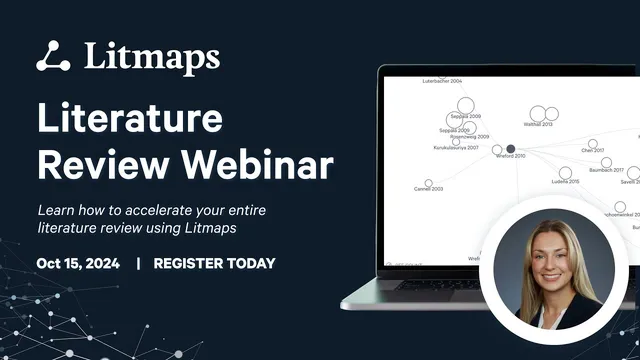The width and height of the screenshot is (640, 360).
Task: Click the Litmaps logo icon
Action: (x=53, y=55)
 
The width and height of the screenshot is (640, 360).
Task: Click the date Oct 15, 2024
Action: (x=78, y=264)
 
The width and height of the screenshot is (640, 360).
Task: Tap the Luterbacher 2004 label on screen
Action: (x=442, y=81)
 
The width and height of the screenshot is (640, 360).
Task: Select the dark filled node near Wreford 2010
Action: (x=510, y=149)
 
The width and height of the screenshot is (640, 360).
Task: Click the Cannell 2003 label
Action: (x=428, y=188)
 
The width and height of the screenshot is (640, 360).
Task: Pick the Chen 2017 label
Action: (x=593, y=151)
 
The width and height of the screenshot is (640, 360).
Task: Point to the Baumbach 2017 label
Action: (x=605, y=170)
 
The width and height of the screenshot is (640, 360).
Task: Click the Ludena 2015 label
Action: (x=565, y=181)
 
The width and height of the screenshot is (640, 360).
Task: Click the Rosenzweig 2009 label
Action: (x=469, y=137)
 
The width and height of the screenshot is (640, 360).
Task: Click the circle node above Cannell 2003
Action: (x=429, y=182)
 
